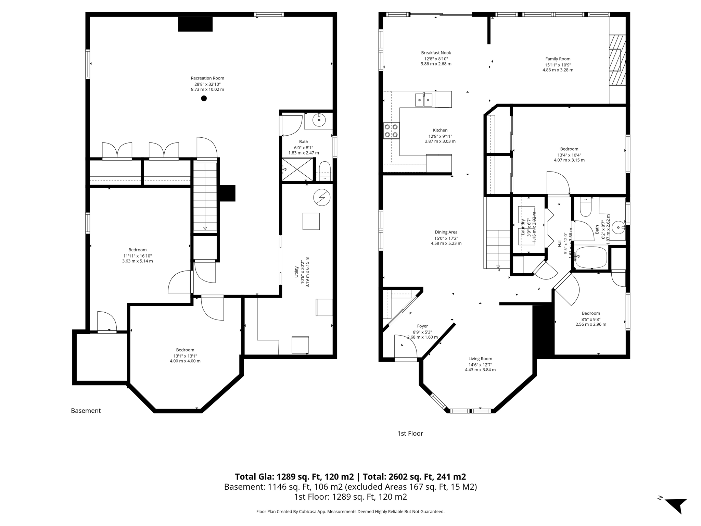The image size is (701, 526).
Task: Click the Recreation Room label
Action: click(x=207, y=78)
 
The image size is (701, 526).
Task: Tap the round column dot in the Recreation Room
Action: click(x=204, y=98)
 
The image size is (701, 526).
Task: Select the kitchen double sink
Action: click(x=424, y=100)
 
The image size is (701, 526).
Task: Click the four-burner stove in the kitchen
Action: click(x=391, y=130)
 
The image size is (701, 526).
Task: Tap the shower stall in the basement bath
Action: click(x=297, y=169)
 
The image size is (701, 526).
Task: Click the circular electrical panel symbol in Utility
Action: click(x=322, y=198)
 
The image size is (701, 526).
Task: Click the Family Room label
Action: click(x=558, y=59)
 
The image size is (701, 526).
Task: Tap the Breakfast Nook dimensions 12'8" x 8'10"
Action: click(x=436, y=59)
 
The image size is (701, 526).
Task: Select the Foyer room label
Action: click(x=422, y=326)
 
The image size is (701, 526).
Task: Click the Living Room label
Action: click(x=480, y=359)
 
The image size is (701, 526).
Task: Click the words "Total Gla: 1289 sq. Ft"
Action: click(x=294, y=477)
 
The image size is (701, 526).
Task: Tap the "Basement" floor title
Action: click(x=86, y=411)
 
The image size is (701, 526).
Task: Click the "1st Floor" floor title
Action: click(x=410, y=433)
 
